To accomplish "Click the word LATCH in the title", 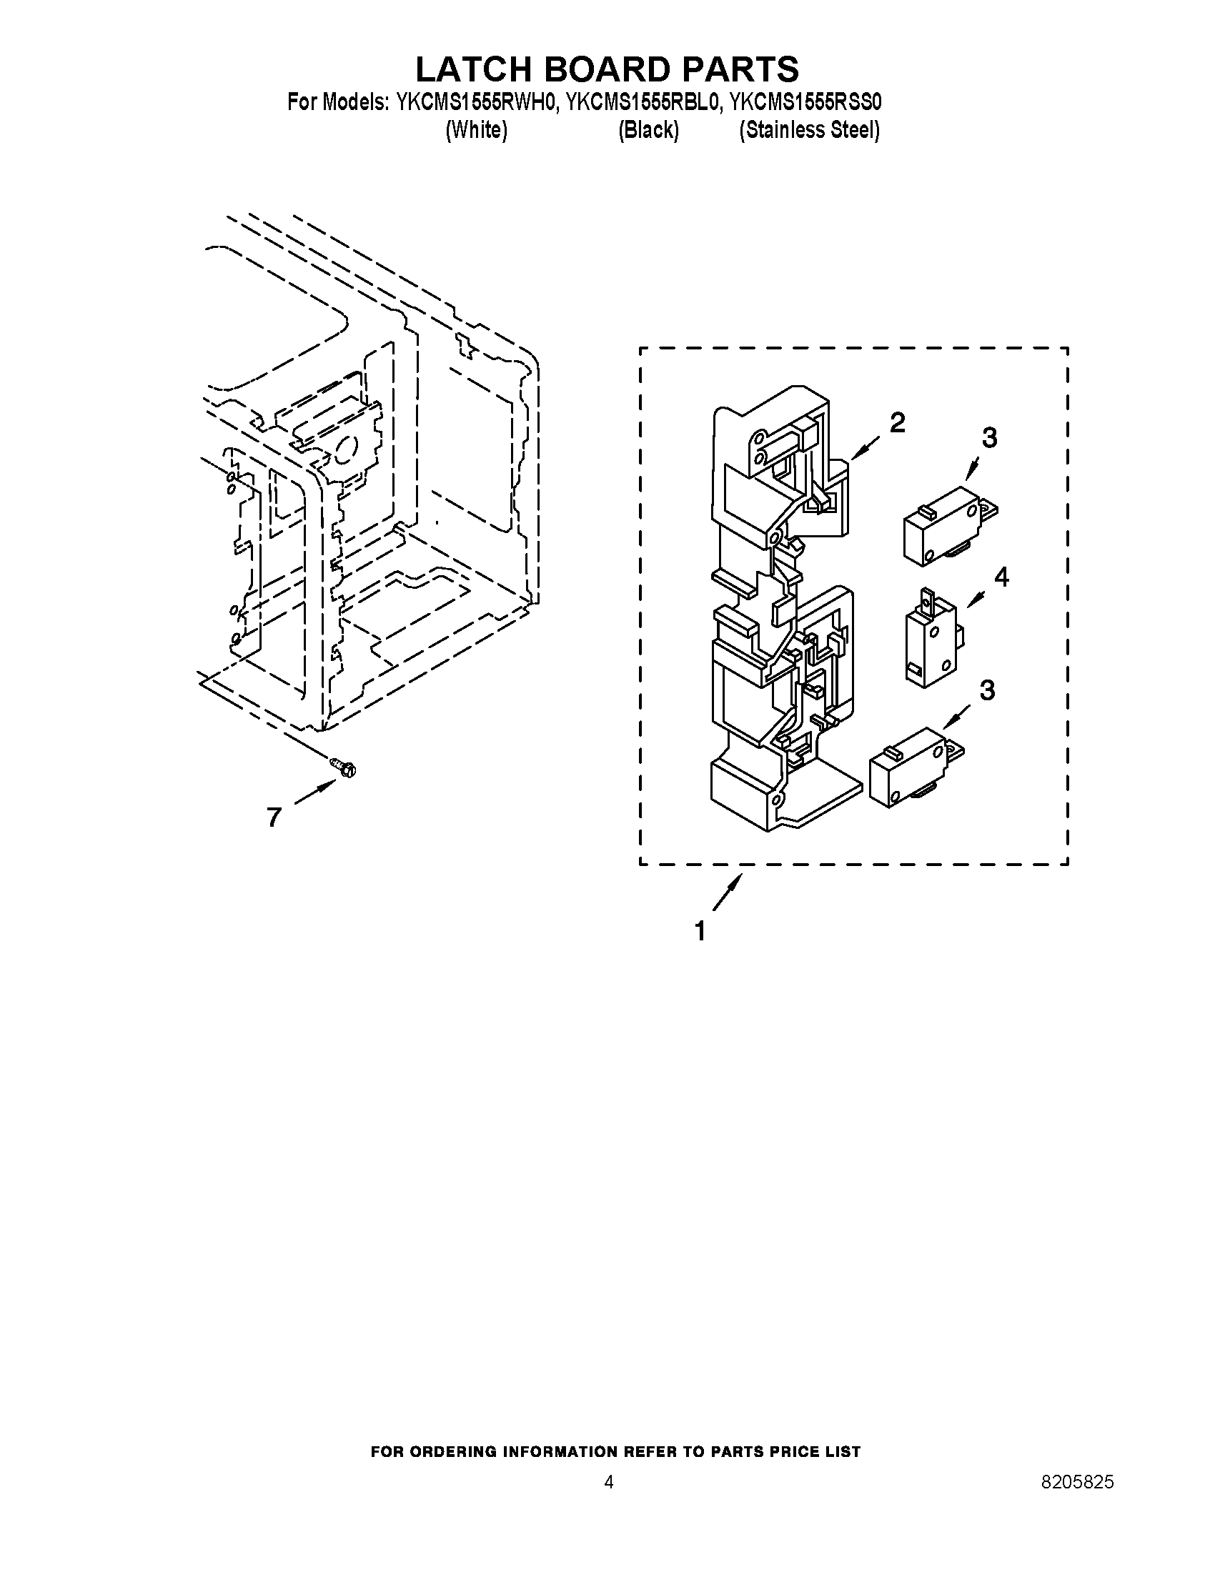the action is (472, 69).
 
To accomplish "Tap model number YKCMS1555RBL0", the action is (642, 102).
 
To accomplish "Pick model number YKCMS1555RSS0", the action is (805, 102).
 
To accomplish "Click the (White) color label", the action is (477, 130).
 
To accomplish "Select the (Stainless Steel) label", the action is (810, 130).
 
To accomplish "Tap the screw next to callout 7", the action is (343, 767).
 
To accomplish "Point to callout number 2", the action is (897, 423).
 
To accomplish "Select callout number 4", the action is (1001, 577).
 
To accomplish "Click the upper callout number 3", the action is (990, 437).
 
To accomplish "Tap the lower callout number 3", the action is (987, 690).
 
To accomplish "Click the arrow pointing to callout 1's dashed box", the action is (727, 892).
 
